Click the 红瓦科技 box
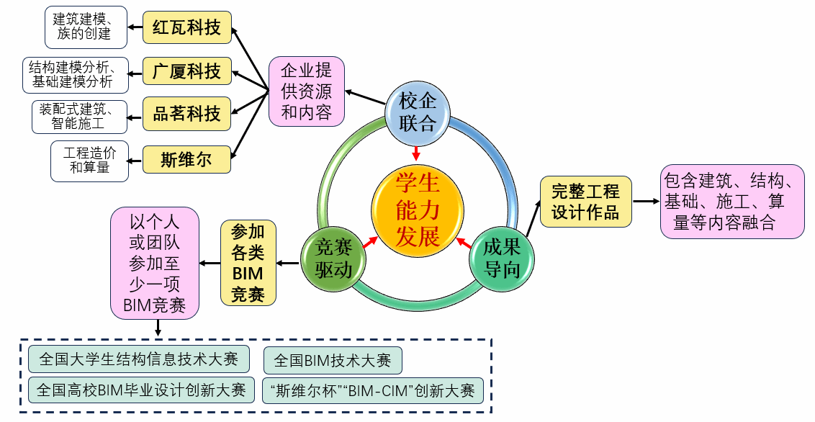pos(187,28)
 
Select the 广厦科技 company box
pos(187,71)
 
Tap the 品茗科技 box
pos(187,114)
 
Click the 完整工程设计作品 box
pos(585,202)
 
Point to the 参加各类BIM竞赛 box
pos(248,263)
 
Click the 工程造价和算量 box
pos(89,160)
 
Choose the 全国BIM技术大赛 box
pos(333,359)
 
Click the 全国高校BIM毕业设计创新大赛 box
pos(141,390)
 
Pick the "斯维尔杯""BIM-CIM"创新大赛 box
pos(372,390)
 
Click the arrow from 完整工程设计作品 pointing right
pos(646,202)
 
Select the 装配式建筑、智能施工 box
pos(79,116)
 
